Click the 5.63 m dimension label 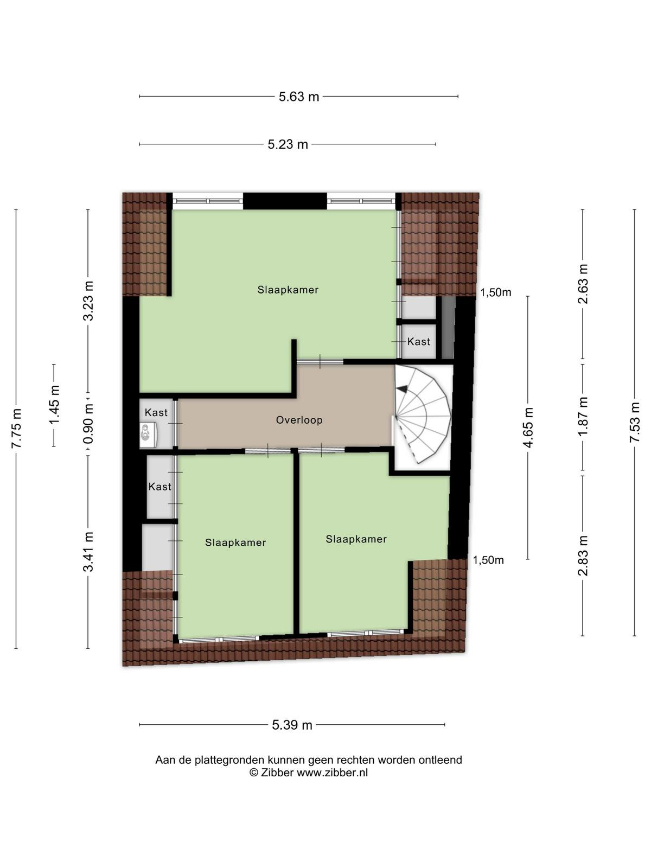298,97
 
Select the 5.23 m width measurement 288,144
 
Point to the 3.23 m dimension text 88,301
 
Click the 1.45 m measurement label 54,405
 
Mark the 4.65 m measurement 528,427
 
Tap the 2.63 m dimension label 583,284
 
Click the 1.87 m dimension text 583,416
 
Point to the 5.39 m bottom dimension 292,725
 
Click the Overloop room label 299,420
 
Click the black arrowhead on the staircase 402,389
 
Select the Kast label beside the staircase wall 419,342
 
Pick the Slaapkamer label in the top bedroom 288,290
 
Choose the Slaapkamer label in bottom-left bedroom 235,542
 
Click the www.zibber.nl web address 332,773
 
